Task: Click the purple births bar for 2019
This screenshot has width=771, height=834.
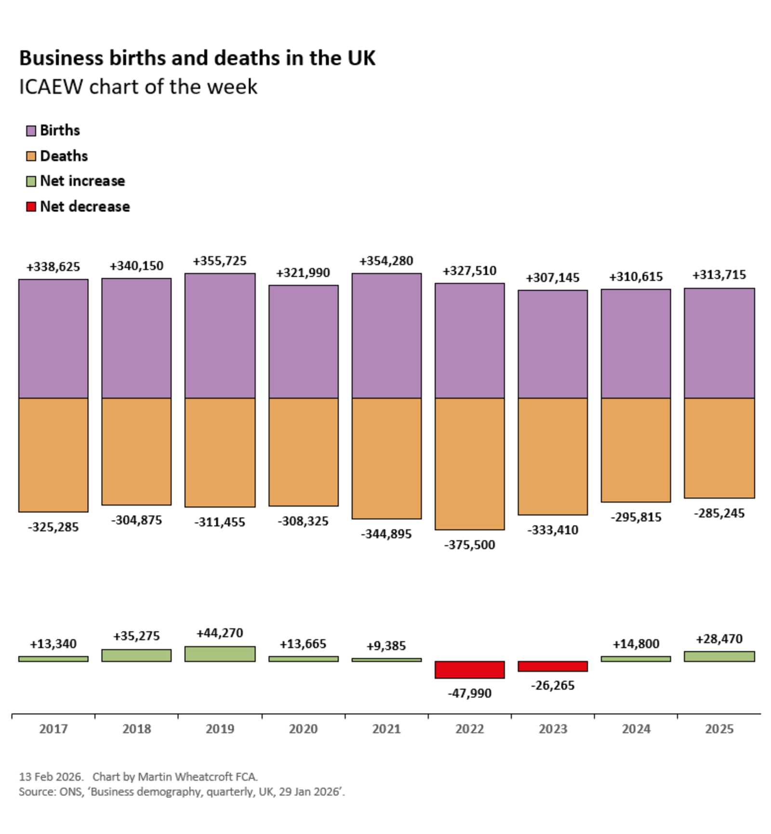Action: point(220,336)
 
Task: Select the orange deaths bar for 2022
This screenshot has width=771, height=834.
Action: point(469,464)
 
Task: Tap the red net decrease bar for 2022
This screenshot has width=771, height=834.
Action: point(469,670)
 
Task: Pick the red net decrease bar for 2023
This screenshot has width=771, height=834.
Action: point(553,666)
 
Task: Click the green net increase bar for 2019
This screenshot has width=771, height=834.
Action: point(220,654)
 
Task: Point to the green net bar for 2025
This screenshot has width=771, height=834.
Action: point(719,656)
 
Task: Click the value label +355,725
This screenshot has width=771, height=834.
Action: point(220,261)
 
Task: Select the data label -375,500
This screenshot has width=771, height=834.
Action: point(469,545)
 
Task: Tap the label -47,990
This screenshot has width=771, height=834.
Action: point(469,693)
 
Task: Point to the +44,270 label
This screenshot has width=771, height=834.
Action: point(220,633)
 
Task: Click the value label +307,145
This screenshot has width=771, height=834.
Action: point(553,278)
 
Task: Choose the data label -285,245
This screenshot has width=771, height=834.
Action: point(719,513)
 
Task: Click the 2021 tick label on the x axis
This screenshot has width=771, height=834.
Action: point(386,728)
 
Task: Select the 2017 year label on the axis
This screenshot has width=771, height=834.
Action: point(53,728)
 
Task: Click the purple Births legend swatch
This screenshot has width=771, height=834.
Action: point(31,131)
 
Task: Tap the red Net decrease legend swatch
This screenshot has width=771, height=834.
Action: point(31,207)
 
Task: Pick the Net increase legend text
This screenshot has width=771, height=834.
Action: point(82,181)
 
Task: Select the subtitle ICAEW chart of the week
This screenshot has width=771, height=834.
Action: point(138,87)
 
